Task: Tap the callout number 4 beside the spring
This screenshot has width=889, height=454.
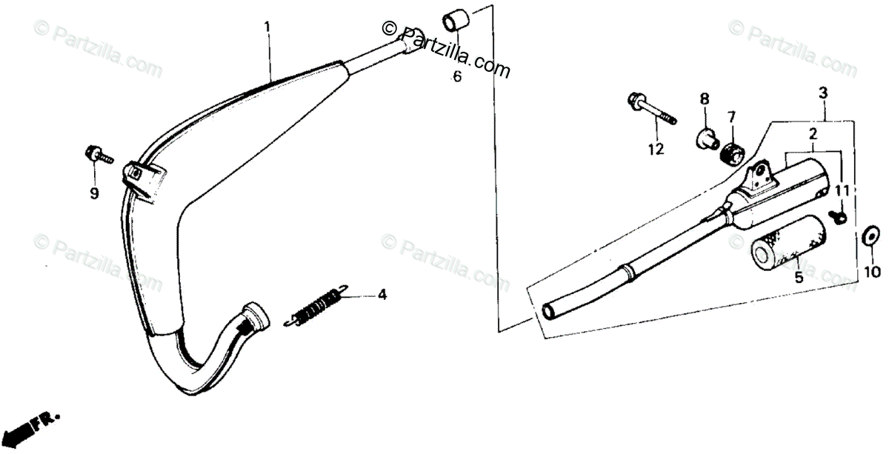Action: [x=382, y=295]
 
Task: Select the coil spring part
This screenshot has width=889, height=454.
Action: [x=315, y=305]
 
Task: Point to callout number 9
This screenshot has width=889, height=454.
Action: [x=94, y=194]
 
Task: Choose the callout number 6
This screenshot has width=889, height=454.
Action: [x=457, y=76]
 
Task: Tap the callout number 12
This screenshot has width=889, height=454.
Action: [x=656, y=150]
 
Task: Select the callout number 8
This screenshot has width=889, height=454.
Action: [x=705, y=99]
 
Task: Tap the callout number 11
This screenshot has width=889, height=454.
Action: [x=840, y=190]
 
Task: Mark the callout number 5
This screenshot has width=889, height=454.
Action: [x=799, y=278]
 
